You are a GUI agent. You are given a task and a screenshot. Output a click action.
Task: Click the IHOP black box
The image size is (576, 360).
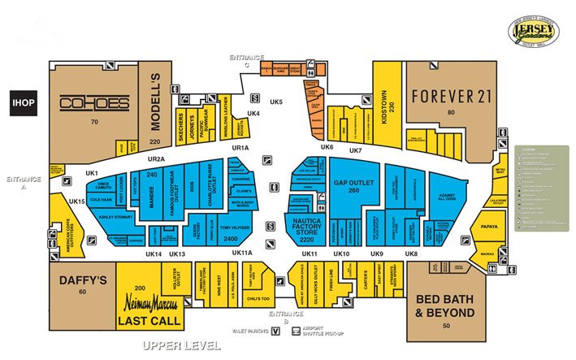19,102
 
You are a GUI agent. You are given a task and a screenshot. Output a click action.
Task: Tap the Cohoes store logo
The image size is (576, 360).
94,103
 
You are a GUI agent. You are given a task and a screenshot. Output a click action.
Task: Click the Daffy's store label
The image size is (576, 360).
83,281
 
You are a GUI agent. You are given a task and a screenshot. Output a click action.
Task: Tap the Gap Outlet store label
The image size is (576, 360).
353,183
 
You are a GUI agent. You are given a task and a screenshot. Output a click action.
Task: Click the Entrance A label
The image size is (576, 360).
18,182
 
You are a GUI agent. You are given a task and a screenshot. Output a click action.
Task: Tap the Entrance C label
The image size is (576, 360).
247,60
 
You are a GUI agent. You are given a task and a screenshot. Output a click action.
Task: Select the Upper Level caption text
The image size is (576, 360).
180,345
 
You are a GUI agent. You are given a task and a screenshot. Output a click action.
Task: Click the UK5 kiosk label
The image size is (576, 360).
276,102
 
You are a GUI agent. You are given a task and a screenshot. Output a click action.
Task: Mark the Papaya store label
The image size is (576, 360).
487,228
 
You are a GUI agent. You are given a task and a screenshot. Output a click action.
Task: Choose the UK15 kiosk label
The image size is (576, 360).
77,201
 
